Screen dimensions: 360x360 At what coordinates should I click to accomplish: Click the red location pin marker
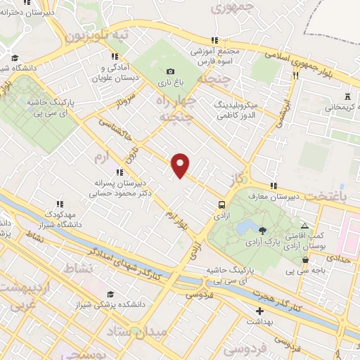181,164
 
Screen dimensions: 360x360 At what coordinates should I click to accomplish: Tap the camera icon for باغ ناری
170,71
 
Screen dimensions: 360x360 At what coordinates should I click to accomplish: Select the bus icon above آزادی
221,205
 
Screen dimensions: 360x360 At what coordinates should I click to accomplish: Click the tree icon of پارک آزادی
262,231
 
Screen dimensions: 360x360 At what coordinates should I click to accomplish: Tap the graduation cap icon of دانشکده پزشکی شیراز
110,294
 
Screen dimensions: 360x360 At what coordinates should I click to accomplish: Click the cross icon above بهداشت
260,310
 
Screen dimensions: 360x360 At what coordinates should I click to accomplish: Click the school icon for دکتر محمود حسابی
120,172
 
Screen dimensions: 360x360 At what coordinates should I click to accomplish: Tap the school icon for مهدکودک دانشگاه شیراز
60,203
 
